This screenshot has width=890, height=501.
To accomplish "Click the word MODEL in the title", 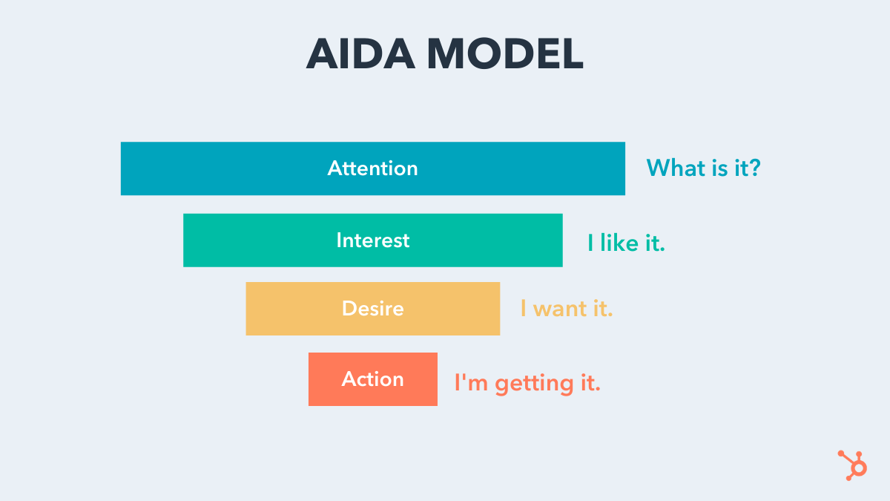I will (504, 54).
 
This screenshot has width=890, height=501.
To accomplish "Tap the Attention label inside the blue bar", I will (372, 168).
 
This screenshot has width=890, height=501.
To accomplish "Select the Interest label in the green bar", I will (372, 240).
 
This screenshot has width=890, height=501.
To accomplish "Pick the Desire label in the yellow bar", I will (372, 309).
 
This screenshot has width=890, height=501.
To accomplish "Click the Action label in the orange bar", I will (372, 379).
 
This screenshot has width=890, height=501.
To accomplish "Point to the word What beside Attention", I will (676, 168).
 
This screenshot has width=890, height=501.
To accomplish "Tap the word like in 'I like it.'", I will (619, 243).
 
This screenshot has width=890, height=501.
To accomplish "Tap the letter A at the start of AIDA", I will (324, 54).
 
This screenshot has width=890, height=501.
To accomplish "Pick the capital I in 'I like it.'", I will (591, 243).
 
